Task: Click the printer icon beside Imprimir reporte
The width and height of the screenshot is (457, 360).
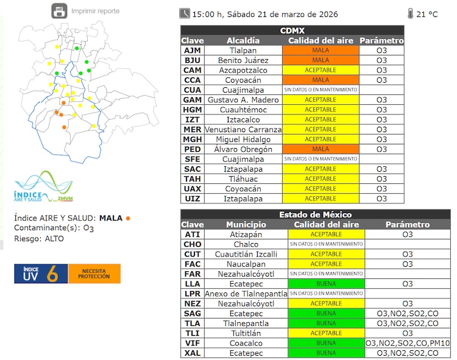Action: [x=59, y=11]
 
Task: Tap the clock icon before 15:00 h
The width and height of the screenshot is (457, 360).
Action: [x=185, y=13]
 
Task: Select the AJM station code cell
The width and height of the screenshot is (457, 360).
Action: [x=192, y=51]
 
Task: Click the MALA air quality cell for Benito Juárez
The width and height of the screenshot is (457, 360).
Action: [x=320, y=60]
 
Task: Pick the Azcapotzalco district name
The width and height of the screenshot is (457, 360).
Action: [x=243, y=70]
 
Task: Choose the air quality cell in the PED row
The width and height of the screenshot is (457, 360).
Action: [x=320, y=149]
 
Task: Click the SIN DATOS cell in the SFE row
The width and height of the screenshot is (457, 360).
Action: [x=320, y=159]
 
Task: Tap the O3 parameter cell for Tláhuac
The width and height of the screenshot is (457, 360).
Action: [x=381, y=178]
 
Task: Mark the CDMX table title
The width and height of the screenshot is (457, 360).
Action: [x=292, y=30]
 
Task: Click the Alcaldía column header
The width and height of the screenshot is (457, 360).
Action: [x=243, y=41]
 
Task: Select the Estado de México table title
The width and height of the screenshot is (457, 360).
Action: [x=315, y=214]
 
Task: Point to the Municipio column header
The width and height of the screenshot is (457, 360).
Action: [x=246, y=225]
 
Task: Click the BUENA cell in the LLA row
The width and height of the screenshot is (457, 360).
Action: [x=326, y=284]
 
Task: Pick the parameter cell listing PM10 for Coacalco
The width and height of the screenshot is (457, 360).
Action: [x=408, y=343]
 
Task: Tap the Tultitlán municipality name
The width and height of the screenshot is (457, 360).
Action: [x=246, y=333]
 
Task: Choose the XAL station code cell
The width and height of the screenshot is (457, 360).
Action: [x=192, y=353]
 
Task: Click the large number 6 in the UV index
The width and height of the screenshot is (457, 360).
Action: [x=52, y=274]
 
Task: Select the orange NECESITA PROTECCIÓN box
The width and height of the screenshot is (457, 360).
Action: [x=94, y=274]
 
